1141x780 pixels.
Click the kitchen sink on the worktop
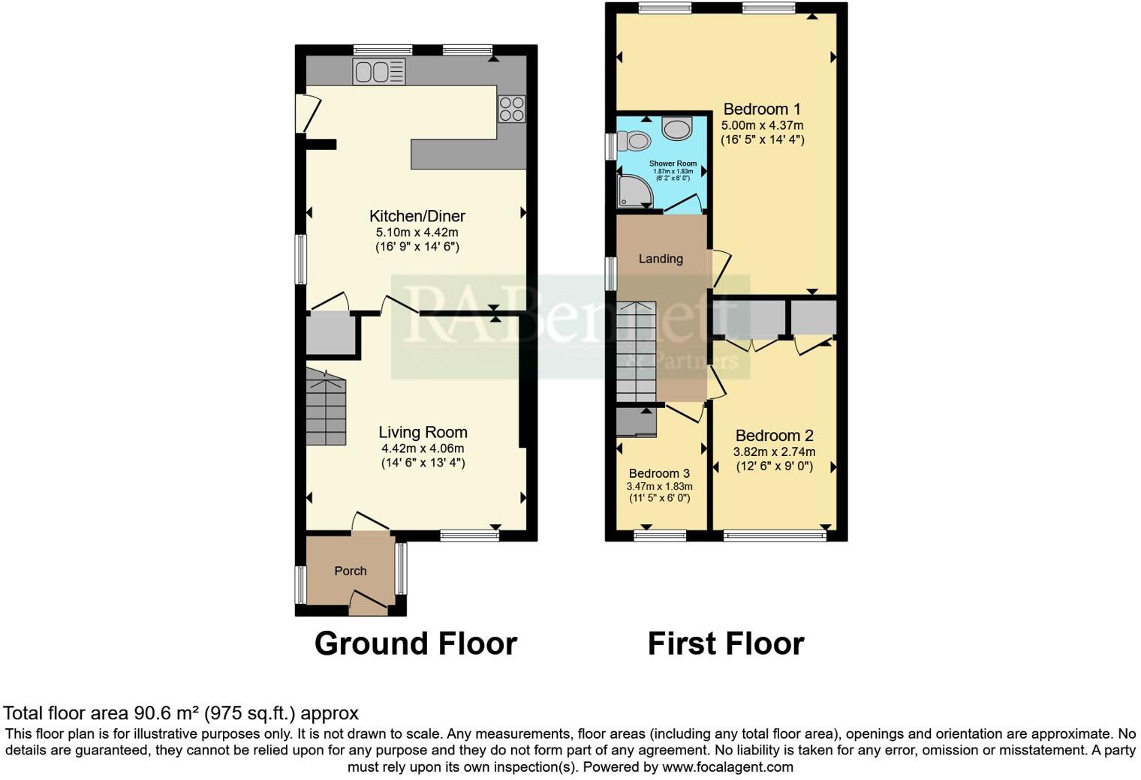click(379, 72)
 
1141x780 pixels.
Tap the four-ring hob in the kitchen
click(512, 109)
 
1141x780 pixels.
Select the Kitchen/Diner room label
click(417, 217)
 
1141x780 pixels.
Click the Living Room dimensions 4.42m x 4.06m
click(423, 448)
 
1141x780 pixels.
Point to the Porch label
click(351, 571)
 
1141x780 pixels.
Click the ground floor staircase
click(326, 411)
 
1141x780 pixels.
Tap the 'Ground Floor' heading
click(415, 643)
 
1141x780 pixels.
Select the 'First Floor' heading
click(725, 643)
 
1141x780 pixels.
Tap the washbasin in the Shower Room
click(678, 129)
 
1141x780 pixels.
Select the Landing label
click(661, 259)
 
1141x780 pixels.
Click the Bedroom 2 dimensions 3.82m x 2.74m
click(774, 452)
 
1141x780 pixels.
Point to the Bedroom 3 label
click(659, 473)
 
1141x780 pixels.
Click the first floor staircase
click(637, 352)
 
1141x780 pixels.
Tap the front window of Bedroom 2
click(775, 535)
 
